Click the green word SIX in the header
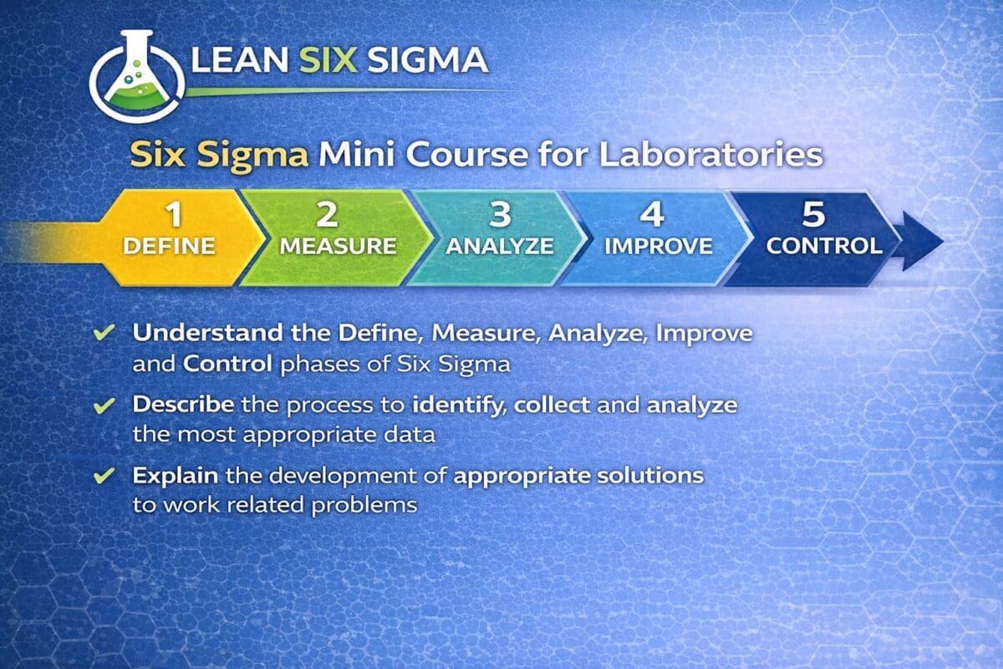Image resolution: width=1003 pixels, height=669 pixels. [328, 59]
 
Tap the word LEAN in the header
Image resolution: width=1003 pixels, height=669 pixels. [240, 59]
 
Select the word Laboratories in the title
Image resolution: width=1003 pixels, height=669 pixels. [711, 155]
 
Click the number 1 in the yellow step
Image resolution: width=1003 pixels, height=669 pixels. [174, 214]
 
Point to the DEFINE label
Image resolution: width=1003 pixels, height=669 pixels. [169, 246]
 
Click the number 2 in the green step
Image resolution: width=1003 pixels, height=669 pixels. [327, 214]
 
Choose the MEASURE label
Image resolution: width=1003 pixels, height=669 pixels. [338, 246]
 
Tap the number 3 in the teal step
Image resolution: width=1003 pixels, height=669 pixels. [500, 214]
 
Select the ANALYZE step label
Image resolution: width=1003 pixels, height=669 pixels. [500, 246]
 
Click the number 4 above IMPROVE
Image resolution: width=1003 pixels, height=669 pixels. [652, 214]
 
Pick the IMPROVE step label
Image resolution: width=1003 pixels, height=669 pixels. [659, 246]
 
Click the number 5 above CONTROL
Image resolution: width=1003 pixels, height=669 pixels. [813, 214]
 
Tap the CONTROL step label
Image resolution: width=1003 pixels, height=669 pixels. [824, 246]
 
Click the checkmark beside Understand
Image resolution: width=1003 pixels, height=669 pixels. [104, 333]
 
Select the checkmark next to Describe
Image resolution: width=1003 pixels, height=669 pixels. [104, 405]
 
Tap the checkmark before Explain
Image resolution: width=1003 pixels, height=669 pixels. [104, 476]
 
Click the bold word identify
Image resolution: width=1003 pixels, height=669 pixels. [460, 406]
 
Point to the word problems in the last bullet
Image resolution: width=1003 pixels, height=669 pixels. [364, 506]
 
